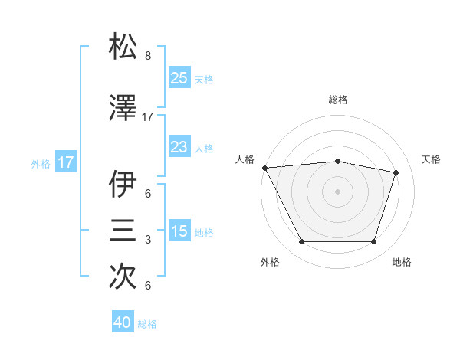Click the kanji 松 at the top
point(123,47)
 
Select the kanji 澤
point(123,108)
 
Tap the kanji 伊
point(123,185)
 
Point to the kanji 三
point(123,231)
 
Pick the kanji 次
point(123,277)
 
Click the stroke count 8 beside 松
point(148,56)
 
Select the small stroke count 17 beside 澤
point(148,117)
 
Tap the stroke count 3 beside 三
point(148,240)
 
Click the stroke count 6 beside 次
point(148,286)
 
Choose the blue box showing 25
point(179,78)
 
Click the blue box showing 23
point(179,147)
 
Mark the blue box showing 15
point(179,231)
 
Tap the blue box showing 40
point(123,323)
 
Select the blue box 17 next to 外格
point(65,162)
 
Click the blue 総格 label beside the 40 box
point(147,324)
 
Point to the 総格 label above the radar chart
point(338,100)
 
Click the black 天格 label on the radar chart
point(432,159)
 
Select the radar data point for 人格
point(264,167)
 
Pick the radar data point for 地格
point(374,242)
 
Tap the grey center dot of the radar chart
point(337,191)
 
